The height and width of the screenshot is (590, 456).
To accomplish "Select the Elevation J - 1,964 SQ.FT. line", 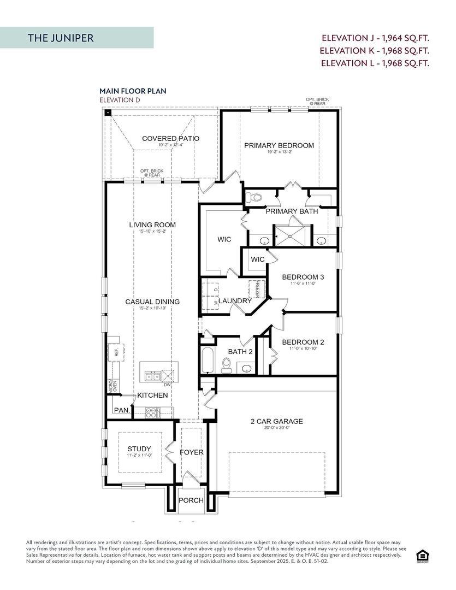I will tap(375, 38).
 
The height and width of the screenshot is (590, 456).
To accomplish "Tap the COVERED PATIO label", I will tap(170, 139).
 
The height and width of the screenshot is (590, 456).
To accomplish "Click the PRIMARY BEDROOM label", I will tap(279, 145).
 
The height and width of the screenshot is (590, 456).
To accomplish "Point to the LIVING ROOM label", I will tap(152, 225).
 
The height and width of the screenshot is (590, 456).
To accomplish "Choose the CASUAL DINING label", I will tap(152, 302).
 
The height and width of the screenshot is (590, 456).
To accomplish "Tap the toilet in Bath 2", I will tap(226, 365).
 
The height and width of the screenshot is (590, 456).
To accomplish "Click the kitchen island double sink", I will tap(153, 376).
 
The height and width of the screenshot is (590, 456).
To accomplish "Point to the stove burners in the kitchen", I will tap(151, 412).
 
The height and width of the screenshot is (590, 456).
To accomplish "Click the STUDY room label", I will tap(139, 449).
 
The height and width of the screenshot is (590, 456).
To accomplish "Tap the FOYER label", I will tap(191, 452).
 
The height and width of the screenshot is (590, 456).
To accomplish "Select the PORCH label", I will tap(191, 500).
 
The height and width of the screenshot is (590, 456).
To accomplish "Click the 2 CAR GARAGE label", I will tap(276, 421).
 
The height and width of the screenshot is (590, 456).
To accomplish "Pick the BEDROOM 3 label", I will tap(303, 277).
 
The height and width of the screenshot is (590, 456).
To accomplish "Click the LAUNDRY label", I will tap(235, 301).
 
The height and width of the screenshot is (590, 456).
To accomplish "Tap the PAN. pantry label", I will tap(121, 410).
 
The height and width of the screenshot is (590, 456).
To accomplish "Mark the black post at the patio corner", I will tap(108, 113).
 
